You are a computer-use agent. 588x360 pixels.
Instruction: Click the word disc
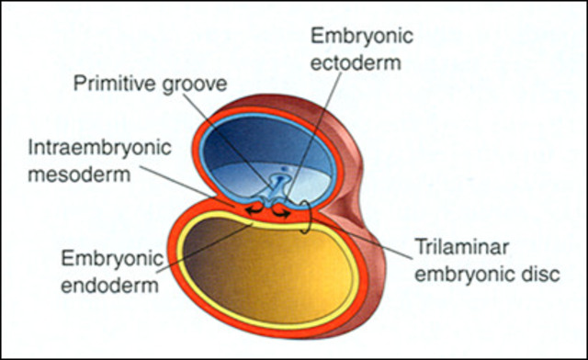tap(537, 275)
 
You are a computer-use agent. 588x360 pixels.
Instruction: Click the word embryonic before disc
tap(476, 275)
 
